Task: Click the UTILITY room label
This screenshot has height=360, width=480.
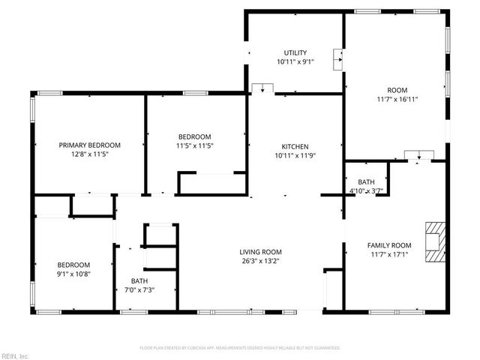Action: point(295,52)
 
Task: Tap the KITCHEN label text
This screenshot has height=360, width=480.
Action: point(295,146)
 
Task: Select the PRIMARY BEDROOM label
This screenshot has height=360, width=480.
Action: point(90,145)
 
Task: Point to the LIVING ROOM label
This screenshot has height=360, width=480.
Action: point(260,252)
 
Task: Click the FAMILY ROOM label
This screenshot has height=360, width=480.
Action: point(389,245)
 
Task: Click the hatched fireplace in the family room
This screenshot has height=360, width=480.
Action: point(434,241)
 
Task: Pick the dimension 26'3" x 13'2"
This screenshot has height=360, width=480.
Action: point(260,262)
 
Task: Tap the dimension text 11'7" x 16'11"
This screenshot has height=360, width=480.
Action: point(397,98)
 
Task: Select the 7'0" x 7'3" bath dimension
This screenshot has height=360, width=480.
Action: point(139,290)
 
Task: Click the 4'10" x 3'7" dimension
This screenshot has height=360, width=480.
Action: point(366,191)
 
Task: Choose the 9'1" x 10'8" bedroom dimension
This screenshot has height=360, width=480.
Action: point(74,274)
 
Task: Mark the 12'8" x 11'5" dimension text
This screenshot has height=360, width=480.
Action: point(90,154)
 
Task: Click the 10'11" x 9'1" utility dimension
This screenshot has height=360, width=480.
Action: point(295,62)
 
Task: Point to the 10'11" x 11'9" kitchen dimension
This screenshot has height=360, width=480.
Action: point(295,156)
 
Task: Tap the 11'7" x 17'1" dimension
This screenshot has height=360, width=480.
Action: point(389,255)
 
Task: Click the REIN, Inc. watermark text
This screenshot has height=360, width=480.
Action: point(14,355)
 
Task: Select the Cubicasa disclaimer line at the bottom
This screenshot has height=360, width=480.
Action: point(240,348)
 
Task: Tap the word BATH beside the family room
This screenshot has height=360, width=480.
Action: point(366,182)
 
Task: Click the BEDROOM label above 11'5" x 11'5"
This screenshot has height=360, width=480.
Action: point(193,136)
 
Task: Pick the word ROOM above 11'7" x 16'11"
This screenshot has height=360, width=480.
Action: point(397,88)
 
